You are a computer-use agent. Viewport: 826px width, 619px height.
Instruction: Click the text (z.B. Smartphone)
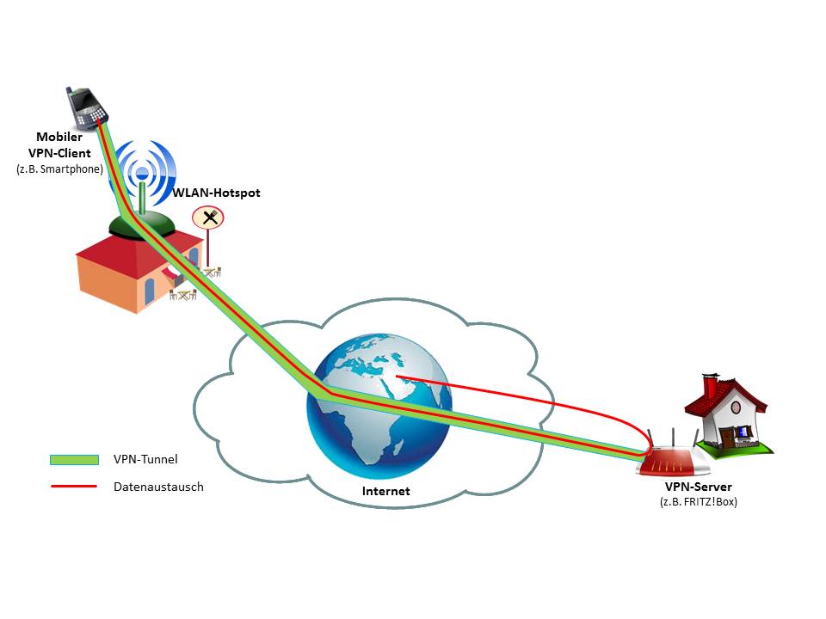click(x=59, y=169)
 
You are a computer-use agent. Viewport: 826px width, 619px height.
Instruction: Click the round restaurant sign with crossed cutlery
click(x=208, y=217)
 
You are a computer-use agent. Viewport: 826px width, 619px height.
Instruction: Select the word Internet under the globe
click(x=385, y=492)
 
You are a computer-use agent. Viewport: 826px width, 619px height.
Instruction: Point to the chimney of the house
click(x=710, y=385)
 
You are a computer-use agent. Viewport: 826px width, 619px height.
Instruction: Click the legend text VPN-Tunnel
click(x=145, y=461)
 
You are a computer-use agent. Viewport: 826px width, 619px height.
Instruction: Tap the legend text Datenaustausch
click(x=158, y=487)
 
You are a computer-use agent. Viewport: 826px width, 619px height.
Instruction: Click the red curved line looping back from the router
click(x=551, y=400)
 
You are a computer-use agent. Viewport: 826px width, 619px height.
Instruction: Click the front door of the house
click(x=728, y=437)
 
